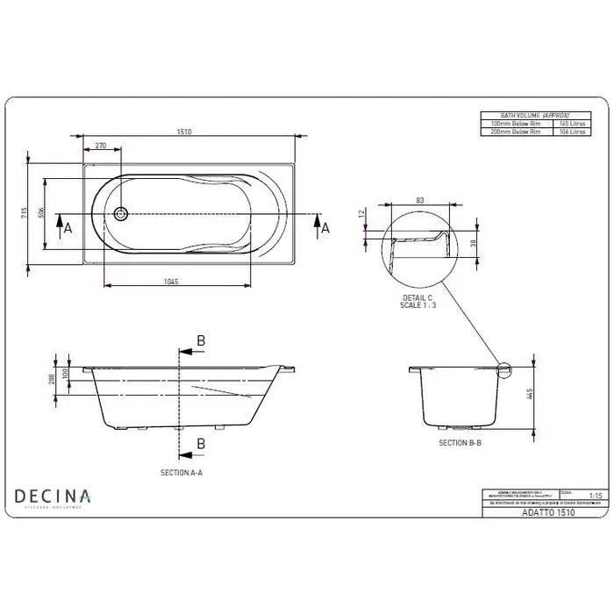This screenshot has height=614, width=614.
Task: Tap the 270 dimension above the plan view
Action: (x=101, y=146)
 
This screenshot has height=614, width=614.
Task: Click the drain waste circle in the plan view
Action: (x=122, y=212)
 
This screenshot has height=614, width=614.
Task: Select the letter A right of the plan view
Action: (x=325, y=227)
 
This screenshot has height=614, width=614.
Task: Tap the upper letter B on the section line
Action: (x=201, y=340)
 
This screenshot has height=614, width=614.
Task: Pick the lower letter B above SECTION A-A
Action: (x=201, y=445)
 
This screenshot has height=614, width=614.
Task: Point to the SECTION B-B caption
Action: (x=460, y=444)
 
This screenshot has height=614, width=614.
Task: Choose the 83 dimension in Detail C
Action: (x=420, y=201)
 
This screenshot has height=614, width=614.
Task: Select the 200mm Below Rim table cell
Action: (x=516, y=132)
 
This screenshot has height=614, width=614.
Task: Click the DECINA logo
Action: (x=54, y=497)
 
